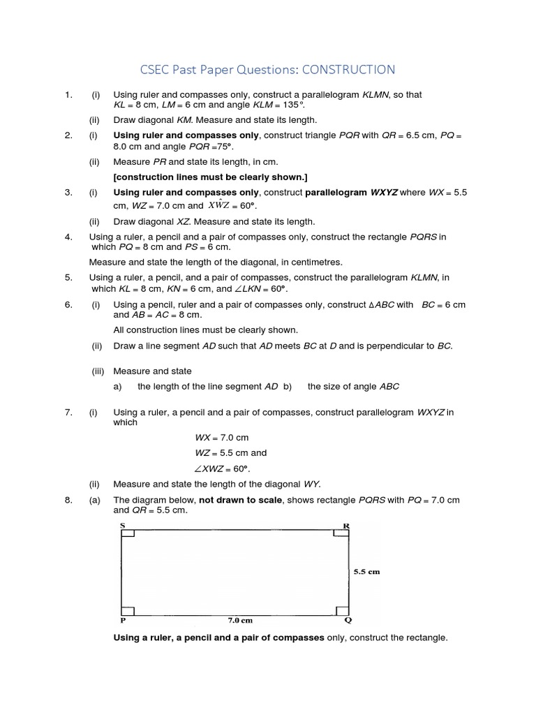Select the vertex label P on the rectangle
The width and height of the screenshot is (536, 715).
(124, 619)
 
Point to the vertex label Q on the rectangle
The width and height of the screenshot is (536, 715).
(348, 619)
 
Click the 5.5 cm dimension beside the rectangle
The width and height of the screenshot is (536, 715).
(366, 571)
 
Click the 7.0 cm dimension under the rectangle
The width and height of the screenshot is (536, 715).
(239, 619)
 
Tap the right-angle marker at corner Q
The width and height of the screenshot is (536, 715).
(341, 609)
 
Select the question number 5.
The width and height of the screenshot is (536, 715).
(68, 277)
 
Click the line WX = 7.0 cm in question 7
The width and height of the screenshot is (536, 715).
(221, 437)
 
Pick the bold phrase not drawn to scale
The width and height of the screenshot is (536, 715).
(239, 500)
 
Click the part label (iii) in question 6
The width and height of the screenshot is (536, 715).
(97, 371)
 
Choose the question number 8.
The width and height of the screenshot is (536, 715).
(68, 500)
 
